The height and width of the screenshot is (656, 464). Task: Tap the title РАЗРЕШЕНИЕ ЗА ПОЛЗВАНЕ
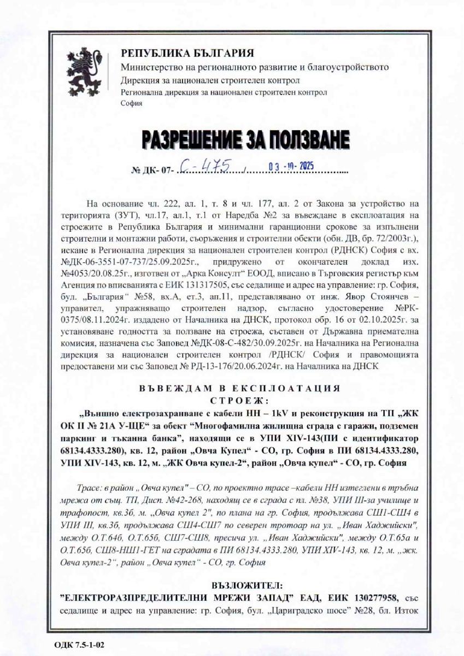(x=245, y=140)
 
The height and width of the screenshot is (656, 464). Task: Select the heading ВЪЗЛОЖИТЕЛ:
(x=232, y=573)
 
